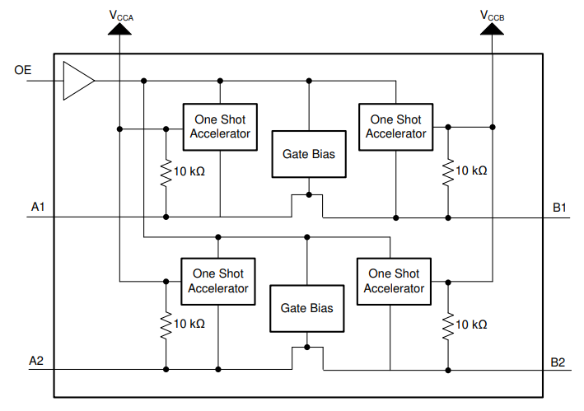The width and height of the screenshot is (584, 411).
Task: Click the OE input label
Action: (23, 71)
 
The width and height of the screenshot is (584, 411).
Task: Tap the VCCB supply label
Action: (493, 14)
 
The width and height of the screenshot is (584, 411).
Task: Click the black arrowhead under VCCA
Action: (120, 30)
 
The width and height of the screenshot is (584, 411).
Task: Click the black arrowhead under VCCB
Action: (493, 30)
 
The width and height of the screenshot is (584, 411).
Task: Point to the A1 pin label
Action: (38, 207)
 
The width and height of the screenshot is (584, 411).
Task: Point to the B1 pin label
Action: (559, 207)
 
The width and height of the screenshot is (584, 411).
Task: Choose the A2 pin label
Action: (36, 361)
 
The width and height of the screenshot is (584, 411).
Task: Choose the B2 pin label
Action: (558, 361)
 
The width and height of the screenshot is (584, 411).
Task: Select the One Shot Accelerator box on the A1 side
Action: (220, 127)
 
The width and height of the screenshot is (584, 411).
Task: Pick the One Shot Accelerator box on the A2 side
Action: (218, 281)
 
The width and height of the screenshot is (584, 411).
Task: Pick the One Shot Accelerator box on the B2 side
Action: (394, 281)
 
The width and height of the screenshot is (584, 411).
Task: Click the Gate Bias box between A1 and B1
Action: (309, 154)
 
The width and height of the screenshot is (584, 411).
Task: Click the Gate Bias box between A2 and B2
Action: (306, 308)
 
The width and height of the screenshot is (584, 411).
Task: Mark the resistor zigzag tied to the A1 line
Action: (166, 170)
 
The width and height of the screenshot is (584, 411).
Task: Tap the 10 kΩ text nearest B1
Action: (471, 170)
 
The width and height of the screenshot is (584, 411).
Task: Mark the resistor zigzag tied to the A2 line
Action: (165, 324)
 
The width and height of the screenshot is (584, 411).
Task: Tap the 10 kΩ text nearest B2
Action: (471, 324)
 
